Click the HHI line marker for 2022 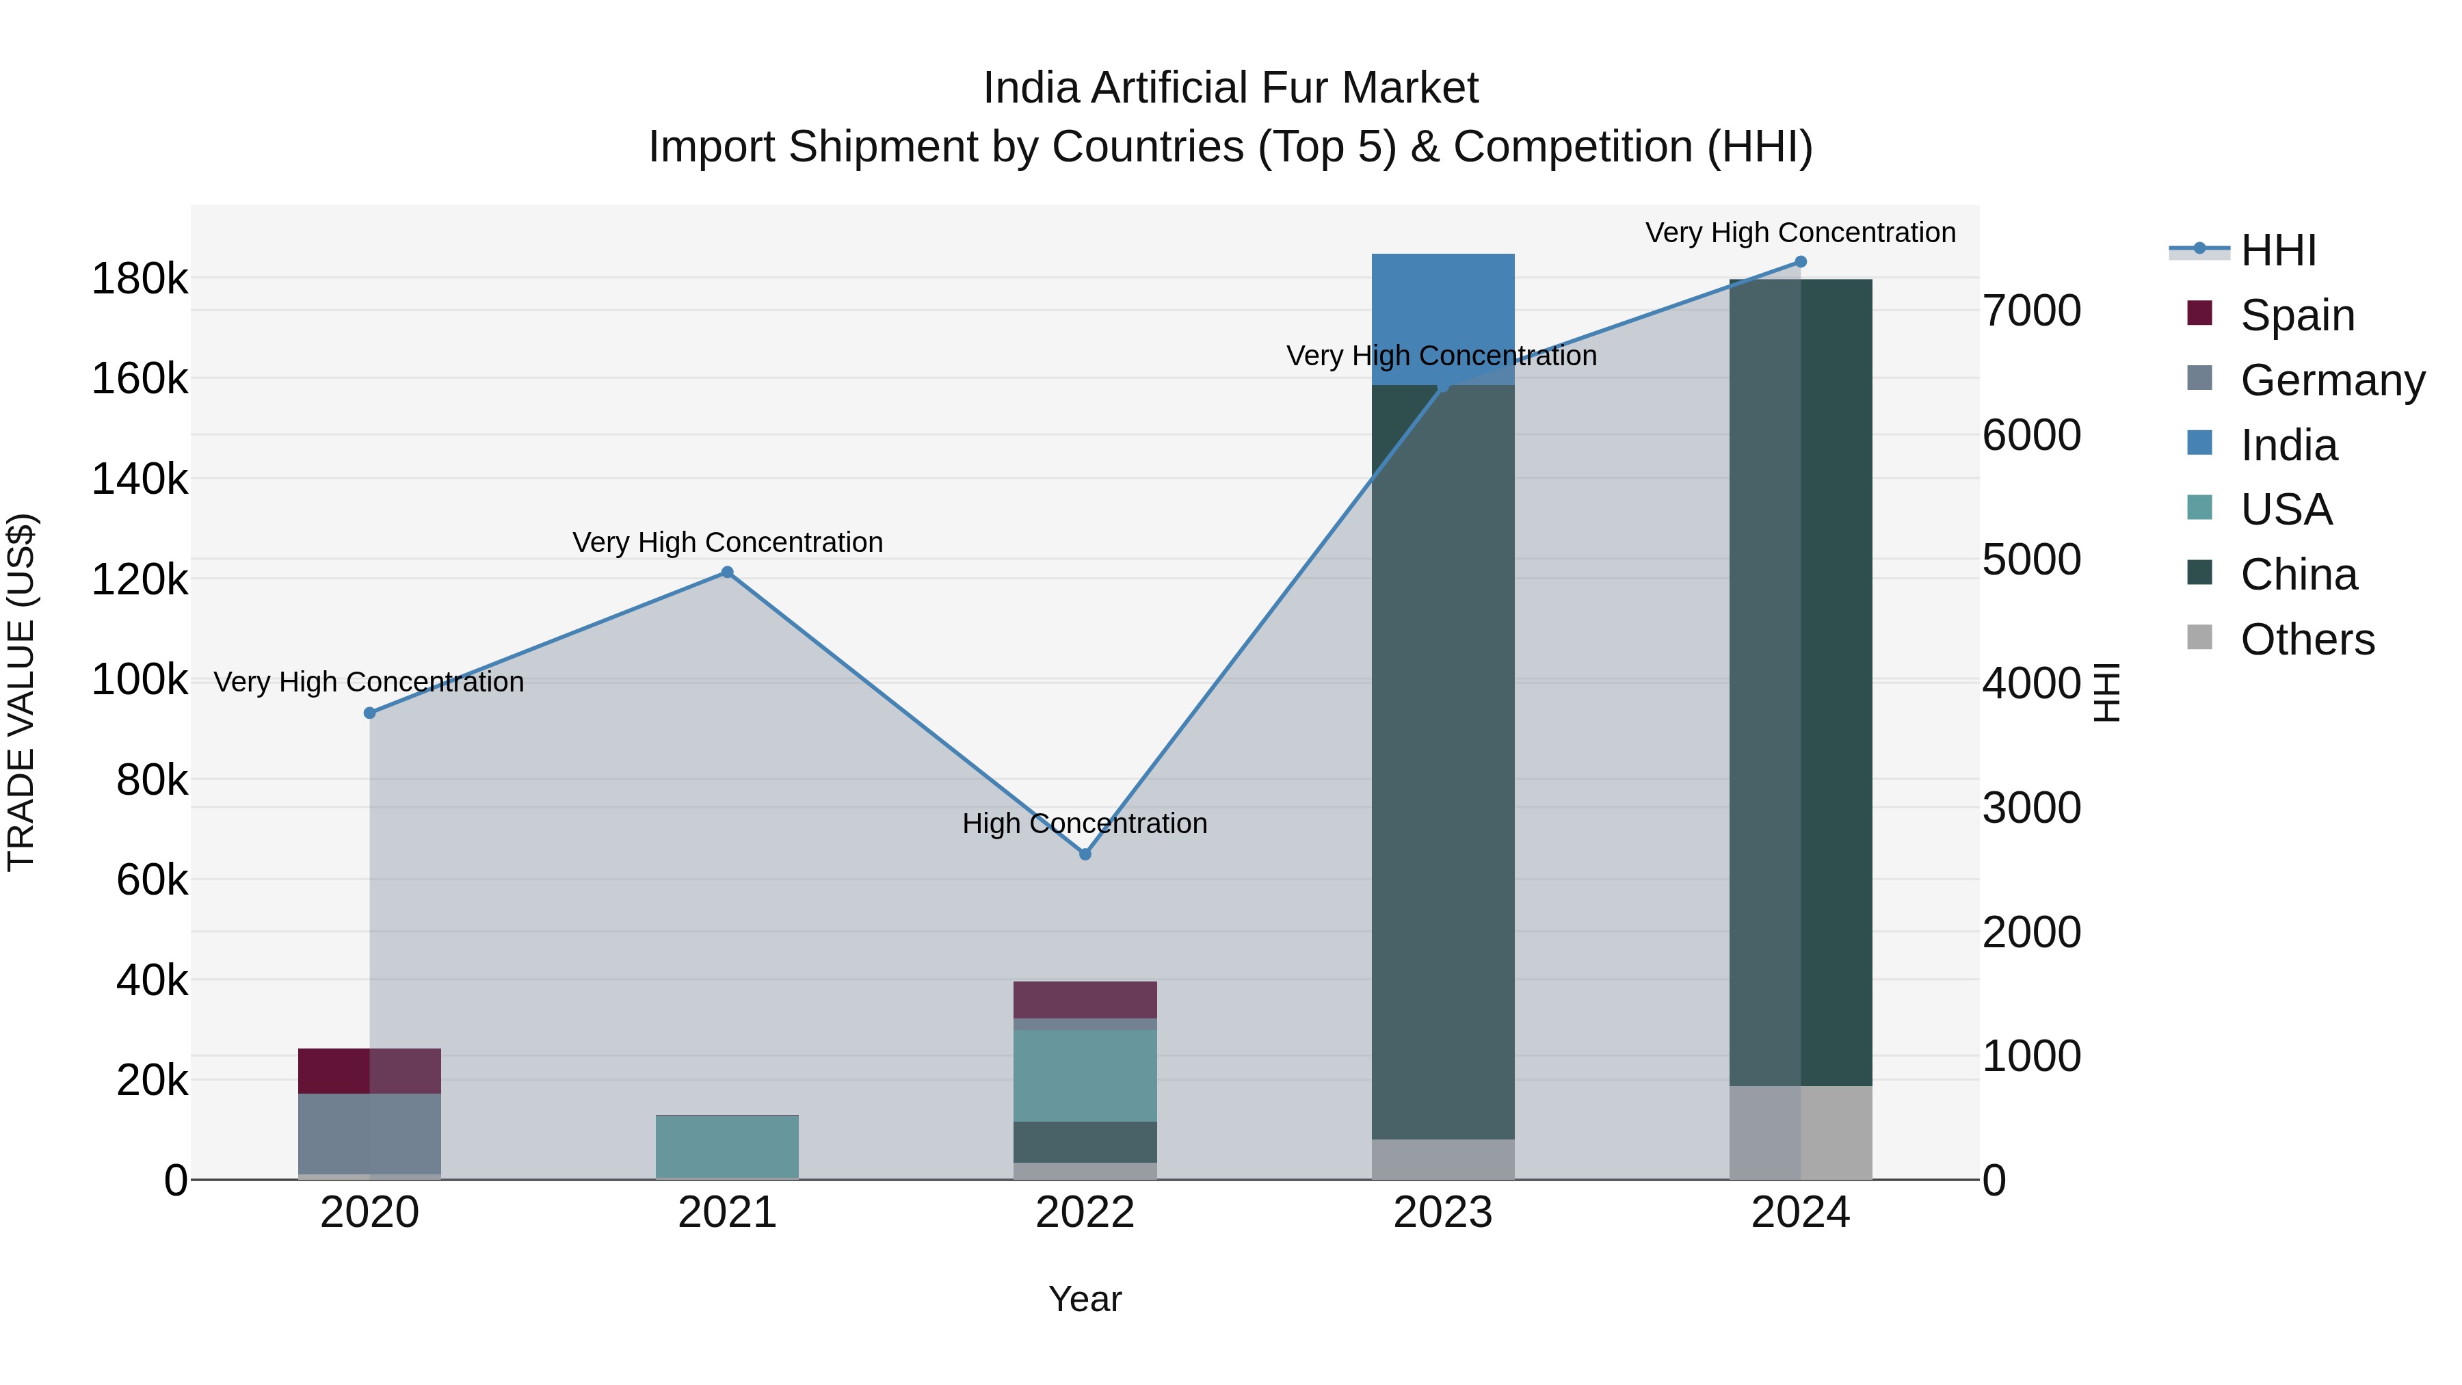(x=1085, y=854)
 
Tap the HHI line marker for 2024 (x=1801, y=262)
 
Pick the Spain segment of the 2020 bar (x=370, y=1070)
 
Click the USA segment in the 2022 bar (x=1085, y=1075)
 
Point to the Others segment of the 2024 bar (x=1801, y=1133)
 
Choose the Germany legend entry (x=2332, y=380)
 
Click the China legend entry (x=2299, y=575)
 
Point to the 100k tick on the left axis (x=140, y=680)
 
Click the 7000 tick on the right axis (x=2032, y=311)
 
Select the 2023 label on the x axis (x=1442, y=1213)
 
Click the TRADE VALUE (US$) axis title (x=21, y=692)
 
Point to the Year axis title (x=1085, y=1299)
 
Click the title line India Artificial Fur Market (x=1230, y=88)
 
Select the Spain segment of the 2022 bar (x=1085, y=1000)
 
